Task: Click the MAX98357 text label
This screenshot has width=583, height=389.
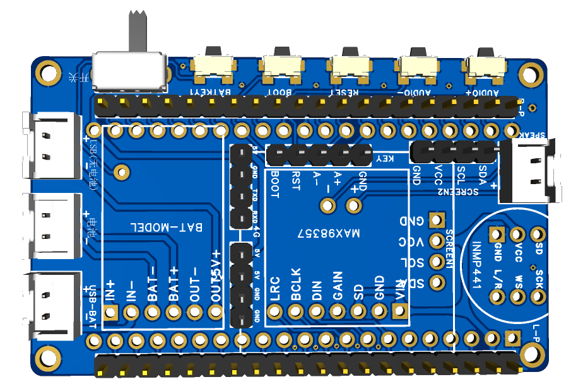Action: pyautogui.click(x=329, y=233)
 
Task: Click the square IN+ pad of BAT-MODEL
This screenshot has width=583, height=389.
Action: pyautogui.click(x=111, y=313)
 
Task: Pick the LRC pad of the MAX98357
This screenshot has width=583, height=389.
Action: pyautogui.click(x=274, y=311)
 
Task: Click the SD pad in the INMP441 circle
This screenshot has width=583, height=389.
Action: pyautogui.click(x=538, y=233)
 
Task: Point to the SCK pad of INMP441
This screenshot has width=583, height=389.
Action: pyautogui.click(x=538, y=294)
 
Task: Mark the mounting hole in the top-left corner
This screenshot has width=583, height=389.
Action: pyautogui.click(x=47, y=71)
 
